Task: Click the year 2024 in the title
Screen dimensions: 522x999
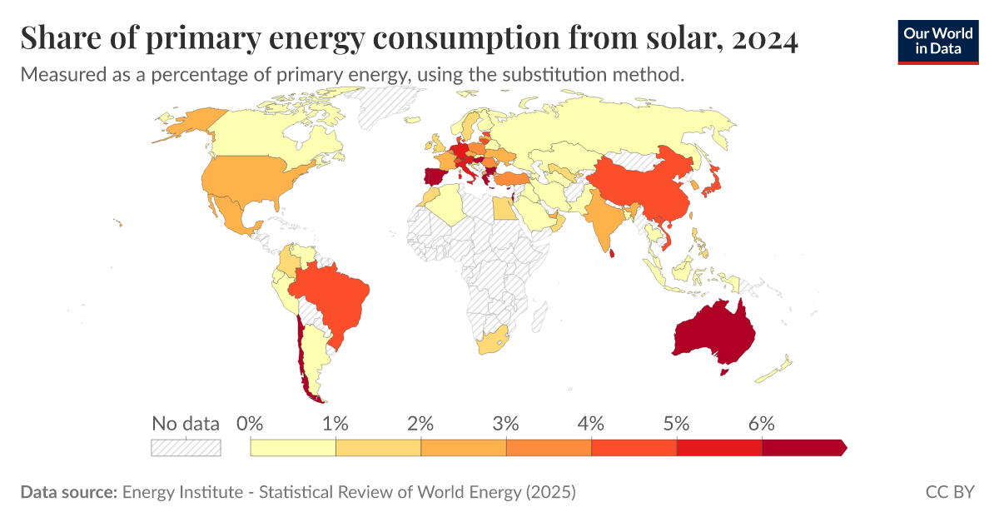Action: click(765, 38)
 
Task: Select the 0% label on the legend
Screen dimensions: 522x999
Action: click(250, 423)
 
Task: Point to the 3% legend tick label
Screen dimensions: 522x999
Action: click(506, 423)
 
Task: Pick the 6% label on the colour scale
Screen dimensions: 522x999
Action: click(762, 423)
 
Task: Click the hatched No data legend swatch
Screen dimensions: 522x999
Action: click(186, 448)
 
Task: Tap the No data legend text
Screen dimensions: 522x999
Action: click(186, 423)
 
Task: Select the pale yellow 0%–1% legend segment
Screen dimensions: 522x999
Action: click(293, 448)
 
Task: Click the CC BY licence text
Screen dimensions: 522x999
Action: click(949, 492)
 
